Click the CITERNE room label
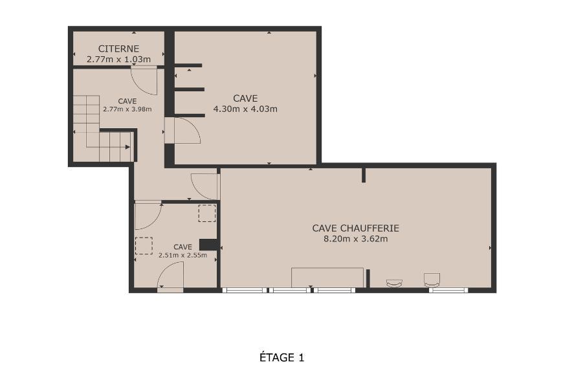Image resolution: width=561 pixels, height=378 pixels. pyautogui.click(x=118, y=49)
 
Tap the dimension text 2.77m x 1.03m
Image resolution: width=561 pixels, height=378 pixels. pyautogui.click(x=118, y=59)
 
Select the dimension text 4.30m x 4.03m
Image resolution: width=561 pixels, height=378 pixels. pyautogui.click(x=245, y=109)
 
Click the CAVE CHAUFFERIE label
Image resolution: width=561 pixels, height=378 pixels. pyautogui.click(x=356, y=228)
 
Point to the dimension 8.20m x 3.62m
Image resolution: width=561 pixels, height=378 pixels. pyautogui.click(x=356, y=239)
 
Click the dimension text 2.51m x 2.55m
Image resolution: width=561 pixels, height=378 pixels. pyautogui.click(x=182, y=255)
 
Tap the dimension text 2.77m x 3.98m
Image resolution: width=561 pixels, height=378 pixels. pyautogui.click(x=127, y=109)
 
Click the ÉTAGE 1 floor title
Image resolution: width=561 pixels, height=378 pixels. pyautogui.click(x=282, y=357)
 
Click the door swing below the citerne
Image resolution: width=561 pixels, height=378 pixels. pyautogui.click(x=144, y=80)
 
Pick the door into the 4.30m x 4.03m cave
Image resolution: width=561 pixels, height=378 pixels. pyautogui.click(x=182, y=131)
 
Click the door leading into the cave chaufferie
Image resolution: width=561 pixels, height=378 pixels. pyautogui.click(x=205, y=186)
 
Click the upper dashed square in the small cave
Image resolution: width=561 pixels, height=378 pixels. pyautogui.click(x=207, y=213)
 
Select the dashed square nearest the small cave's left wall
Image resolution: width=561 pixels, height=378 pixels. pyautogui.click(x=144, y=245)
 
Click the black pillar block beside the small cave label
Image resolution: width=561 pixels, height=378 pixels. pyautogui.click(x=209, y=245)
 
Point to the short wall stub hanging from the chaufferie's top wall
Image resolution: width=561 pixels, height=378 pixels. pyautogui.click(x=364, y=175)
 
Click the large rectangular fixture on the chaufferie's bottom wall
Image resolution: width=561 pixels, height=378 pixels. pyautogui.click(x=327, y=277)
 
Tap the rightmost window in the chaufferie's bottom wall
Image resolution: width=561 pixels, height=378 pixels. pyautogui.click(x=448, y=290)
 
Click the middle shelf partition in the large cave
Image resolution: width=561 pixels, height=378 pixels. pyautogui.click(x=190, y=89)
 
